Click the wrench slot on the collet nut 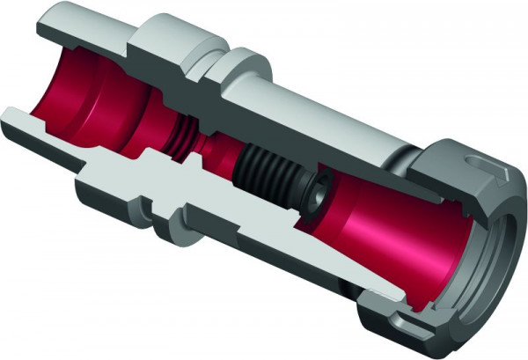click(480, 163)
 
